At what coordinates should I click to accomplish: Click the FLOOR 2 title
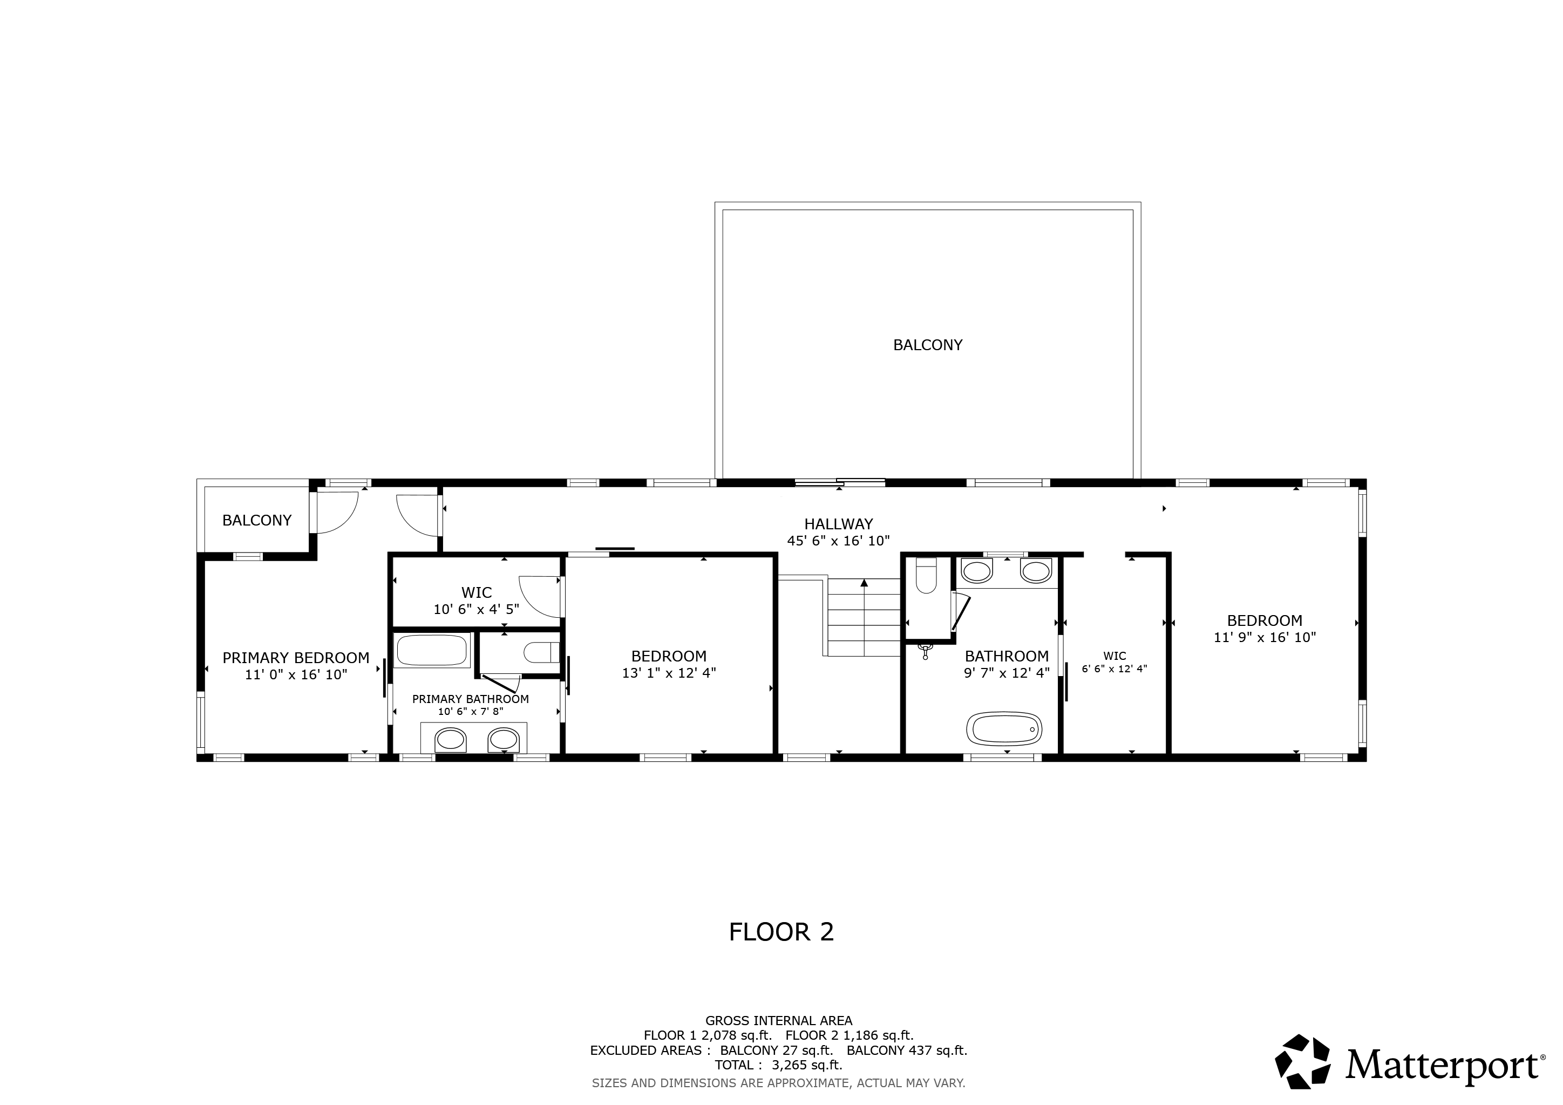pos(781,932)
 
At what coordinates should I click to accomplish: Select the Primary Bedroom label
pos(296,658)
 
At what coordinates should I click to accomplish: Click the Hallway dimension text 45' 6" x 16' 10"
pos(839,541)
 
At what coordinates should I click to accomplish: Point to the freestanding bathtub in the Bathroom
pos(1004,729)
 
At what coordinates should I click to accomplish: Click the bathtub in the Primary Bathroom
pos(433,651)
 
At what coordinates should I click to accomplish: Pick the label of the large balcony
pos(927,345)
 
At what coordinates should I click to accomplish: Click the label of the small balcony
pos(257,521)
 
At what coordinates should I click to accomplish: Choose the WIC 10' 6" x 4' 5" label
pos(477,601)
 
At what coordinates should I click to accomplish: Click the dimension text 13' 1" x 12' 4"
pos(669,673)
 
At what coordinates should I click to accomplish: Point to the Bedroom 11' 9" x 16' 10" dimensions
pos(1265,638)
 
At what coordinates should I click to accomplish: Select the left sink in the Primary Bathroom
pos(451,739)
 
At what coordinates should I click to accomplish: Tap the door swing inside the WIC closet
pos(540,597)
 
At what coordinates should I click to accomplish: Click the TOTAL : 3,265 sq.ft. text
pos(778,1065)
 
